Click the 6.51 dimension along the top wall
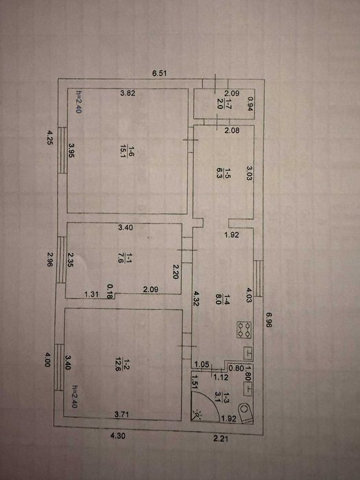coord(160,73)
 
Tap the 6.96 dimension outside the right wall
coord(269,320)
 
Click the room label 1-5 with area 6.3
coord(223,173)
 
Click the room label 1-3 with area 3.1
coord(223,397)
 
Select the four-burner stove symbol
coord(244,330)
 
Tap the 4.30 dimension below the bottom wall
coord(118,435)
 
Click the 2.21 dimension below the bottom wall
coord(221,439)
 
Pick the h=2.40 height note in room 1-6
coord(79,102)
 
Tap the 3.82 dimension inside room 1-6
coord(128,94)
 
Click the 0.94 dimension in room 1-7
coord(251,104)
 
